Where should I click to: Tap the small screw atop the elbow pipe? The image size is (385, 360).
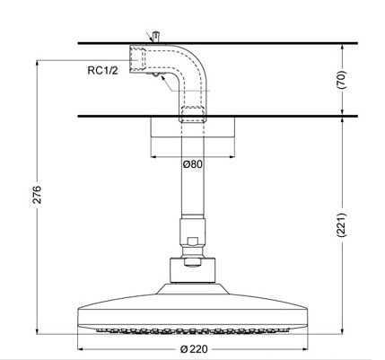tap(156, 36)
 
